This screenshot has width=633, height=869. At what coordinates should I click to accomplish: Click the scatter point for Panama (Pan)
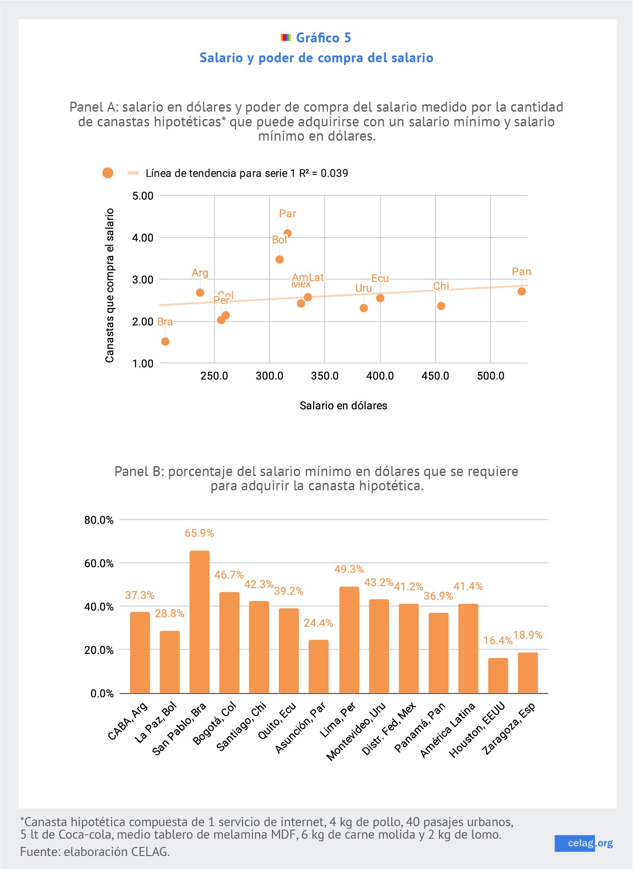(521, 291)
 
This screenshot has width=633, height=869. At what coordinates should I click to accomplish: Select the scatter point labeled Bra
(165, 341)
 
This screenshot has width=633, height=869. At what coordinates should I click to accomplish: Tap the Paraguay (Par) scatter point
(287, 233)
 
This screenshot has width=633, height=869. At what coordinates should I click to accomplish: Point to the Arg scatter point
(200, 293)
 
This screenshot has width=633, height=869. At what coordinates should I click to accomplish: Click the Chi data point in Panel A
(441, 306)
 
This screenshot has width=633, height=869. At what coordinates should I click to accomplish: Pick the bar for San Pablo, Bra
(199, 621)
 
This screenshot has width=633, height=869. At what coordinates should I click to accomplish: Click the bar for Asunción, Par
(318, 666)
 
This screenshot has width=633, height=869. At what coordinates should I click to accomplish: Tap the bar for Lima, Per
(349, 640)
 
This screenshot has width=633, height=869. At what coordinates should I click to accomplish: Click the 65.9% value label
(199, 533)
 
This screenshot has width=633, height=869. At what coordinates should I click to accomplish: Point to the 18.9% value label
(527, 635)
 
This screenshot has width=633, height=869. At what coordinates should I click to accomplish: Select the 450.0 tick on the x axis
(435, 376)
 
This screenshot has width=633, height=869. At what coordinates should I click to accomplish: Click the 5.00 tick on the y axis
(143, 196)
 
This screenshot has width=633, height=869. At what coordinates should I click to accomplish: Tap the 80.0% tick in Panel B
(99, 520)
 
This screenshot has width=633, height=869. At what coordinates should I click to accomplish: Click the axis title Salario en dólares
(343, 406)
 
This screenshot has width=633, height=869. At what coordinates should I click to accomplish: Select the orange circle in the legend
(108, 173)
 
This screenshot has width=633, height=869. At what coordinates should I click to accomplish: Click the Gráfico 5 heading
(323, 38)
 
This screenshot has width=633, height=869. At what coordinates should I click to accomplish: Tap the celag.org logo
(584, 843)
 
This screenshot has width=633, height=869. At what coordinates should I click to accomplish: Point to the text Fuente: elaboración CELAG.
(95, 852)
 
